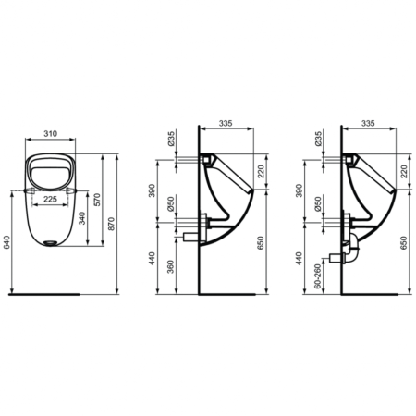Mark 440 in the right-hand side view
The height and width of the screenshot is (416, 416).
[300, 261]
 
